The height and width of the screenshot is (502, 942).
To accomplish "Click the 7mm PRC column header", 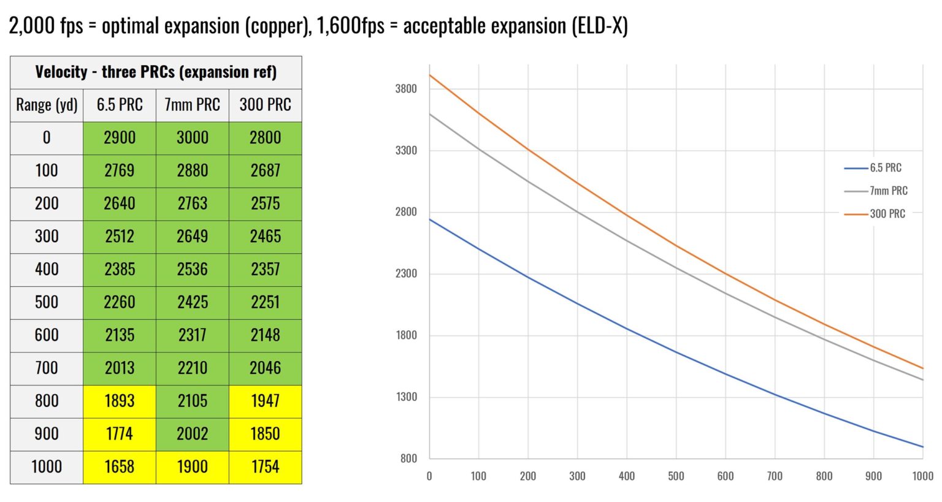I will [192, 105].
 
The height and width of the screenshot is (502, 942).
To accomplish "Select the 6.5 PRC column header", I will [120, 105].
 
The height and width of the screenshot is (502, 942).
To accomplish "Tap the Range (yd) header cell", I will [47, 105].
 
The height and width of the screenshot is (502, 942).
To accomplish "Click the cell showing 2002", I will [192, 434].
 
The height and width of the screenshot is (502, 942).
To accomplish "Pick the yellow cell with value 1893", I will [120, 401].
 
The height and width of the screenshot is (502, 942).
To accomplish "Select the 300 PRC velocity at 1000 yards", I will [265, 467].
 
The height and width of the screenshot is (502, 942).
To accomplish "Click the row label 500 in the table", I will [47, 302].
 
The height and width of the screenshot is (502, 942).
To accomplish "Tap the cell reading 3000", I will [192, 138].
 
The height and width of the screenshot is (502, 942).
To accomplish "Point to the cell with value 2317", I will [192, 335].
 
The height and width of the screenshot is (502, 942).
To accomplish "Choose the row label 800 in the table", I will [47, 401].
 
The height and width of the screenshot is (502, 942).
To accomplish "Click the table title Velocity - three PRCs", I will [156, 72].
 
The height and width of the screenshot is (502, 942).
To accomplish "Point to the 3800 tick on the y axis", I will [406, 89].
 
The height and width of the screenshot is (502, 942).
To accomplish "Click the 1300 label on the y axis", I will [406, 397].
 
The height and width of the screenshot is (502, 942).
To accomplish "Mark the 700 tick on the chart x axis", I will [775, 476].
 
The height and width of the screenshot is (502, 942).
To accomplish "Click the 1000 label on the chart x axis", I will [922, 476].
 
